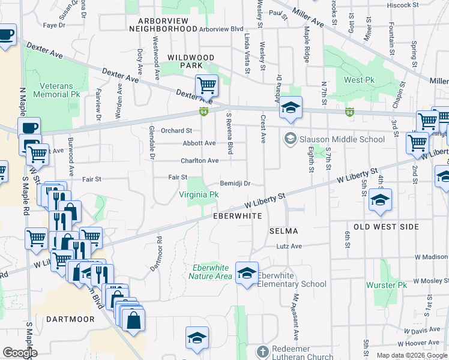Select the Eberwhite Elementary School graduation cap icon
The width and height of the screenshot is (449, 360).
[247, 274]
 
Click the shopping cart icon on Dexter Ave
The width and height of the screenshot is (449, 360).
[206, 86]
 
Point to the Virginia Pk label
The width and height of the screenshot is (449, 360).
[199, 194]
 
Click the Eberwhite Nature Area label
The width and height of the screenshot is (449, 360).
[210, 272]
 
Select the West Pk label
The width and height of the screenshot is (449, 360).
[358, 80]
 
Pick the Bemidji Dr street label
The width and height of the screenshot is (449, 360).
[234, 184]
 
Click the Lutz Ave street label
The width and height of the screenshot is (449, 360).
[289, 246]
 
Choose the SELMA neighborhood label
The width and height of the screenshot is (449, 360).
[283, 230]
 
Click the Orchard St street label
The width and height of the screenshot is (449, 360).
[176, 130]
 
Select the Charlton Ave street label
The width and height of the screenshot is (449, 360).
[200, 161]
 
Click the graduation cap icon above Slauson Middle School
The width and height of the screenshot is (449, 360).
[290, 108]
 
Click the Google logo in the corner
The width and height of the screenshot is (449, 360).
[20, 353]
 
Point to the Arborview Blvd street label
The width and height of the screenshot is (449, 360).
[221, 29]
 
